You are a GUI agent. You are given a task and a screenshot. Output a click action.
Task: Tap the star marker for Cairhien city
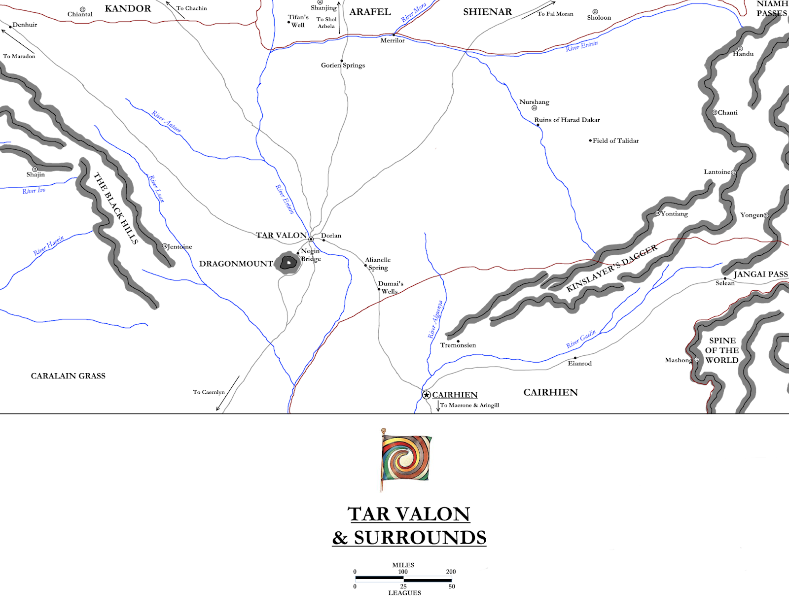(x=427, y=395)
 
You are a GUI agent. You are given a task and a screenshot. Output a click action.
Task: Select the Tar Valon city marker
(x=311, y=239)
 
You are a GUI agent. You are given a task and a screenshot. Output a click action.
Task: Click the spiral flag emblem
(x=406, y=458)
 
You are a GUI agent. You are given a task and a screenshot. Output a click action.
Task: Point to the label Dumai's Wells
(x=390, y=287)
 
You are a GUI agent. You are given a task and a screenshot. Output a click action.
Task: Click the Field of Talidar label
(x=615, y=141)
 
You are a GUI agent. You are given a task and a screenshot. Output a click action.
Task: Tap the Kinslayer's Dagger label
(x=611, y=268)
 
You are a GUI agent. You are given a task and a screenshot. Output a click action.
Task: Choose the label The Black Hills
(x=116, y=208)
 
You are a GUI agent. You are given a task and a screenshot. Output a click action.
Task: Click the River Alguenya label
(x=435, y=319)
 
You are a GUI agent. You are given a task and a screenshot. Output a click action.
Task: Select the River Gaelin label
(x=581, y=339)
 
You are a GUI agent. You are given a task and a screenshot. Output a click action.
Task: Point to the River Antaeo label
(x=166, y=121)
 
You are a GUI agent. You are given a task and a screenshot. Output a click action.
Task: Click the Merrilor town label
(x=392, y=40)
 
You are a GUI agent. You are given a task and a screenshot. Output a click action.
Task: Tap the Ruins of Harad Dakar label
(x=567, y=120)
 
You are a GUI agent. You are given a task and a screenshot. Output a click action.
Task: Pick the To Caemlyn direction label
(x=209, y=392)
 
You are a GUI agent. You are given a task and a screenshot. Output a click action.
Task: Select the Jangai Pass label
(x=760, y=274)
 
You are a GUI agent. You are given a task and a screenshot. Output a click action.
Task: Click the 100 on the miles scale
(x=403, y=572)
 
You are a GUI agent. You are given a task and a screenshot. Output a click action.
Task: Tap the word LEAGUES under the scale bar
(x=404, y=593)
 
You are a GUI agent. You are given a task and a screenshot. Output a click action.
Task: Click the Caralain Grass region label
(x=68, y=376)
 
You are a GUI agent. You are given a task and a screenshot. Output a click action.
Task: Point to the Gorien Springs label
(x=343, y=66)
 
